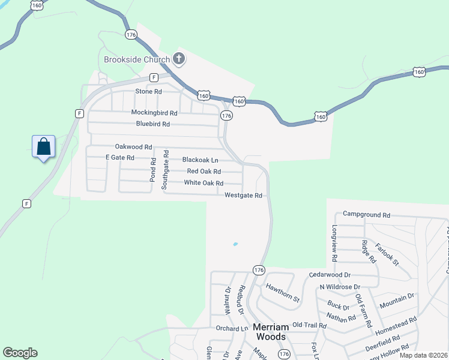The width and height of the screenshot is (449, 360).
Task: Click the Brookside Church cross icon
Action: pyautogui.click(x=178, y=59)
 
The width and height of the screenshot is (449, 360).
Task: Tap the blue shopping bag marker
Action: pyautogui.click(x=44, y=146)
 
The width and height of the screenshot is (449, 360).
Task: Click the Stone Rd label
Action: pyautogui.click(x=149, y=91)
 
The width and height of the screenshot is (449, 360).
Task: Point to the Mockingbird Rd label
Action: pyautogui.click(x=154, y=113)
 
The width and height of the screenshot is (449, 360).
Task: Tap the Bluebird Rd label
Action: pyautogui.click(x=153, y=124)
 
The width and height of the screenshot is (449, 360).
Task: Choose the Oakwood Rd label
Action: pyautogui.click(x=133, y=147)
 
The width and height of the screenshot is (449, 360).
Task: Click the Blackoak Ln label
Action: pyautogui.click(x=200, y=160)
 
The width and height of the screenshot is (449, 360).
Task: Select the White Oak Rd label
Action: pyautogui.click(x=203, y=183)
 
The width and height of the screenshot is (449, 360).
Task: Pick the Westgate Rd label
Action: pyautogui.click(x=243, y=196)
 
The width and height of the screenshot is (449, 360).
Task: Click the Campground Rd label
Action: pyautogui.click(x=366, y=214)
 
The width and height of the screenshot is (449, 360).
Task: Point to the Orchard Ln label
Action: pyautogui.click(x=231, y=328)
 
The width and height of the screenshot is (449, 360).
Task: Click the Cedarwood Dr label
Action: pyautogui.click(x=330, y=275)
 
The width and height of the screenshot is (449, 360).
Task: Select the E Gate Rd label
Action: pyautogui.click(x=119, y=157)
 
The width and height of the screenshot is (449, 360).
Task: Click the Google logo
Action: pyautogui.click(x=20, y=353)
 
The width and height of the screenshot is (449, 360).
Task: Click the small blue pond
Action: pyautogui.click(x=235, y=244)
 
